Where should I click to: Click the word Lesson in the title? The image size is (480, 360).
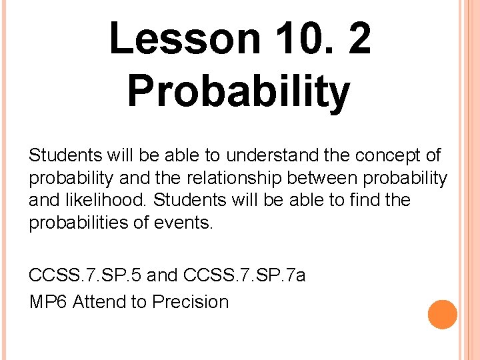tap(184, 38)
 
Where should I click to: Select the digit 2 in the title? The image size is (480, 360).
tap(359, 38)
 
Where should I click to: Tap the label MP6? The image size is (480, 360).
tap(48, 301)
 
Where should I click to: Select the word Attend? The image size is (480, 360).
tap(100, 301)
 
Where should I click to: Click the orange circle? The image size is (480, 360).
tap(442, 315)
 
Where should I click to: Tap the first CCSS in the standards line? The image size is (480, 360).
tap(51, 275)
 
